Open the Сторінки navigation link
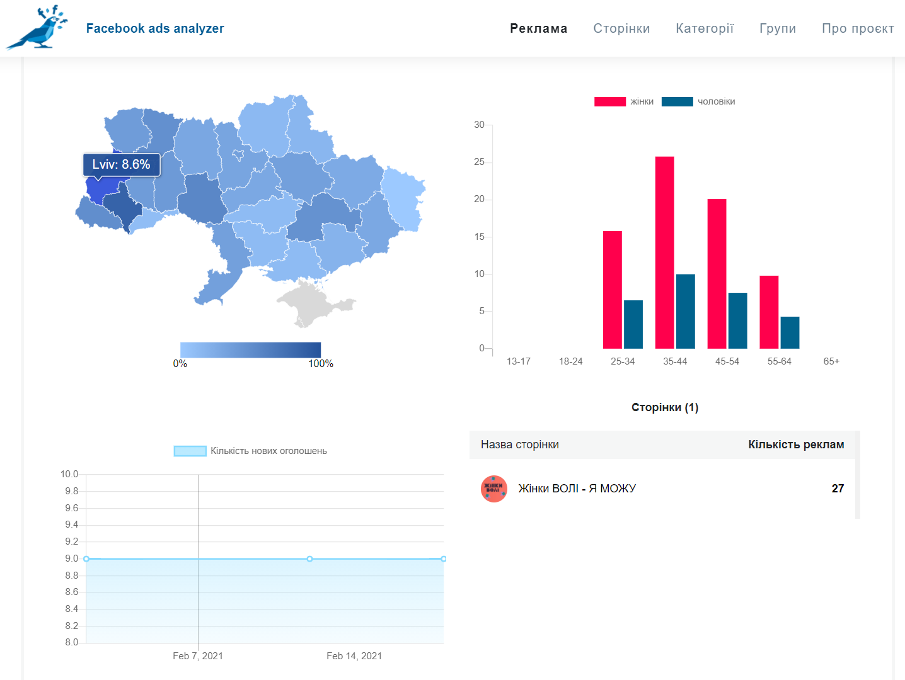point(621,28)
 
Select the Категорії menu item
point(705,28)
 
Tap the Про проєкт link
point(858,28)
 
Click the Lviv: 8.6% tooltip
point(121,165)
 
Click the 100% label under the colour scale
point(321,364)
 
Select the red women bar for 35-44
point(665,252)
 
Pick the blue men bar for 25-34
point(633,324)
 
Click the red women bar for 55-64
point(769,312)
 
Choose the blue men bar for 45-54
point(737,321)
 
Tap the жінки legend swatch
point(610,102)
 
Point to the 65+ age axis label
point(831,361)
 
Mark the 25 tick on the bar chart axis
point(479,162)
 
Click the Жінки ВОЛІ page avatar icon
point(494,489)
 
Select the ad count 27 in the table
point(838,489)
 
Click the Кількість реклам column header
point(796,445)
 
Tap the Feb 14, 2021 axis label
point(354,656)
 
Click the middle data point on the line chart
point(309,559)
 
